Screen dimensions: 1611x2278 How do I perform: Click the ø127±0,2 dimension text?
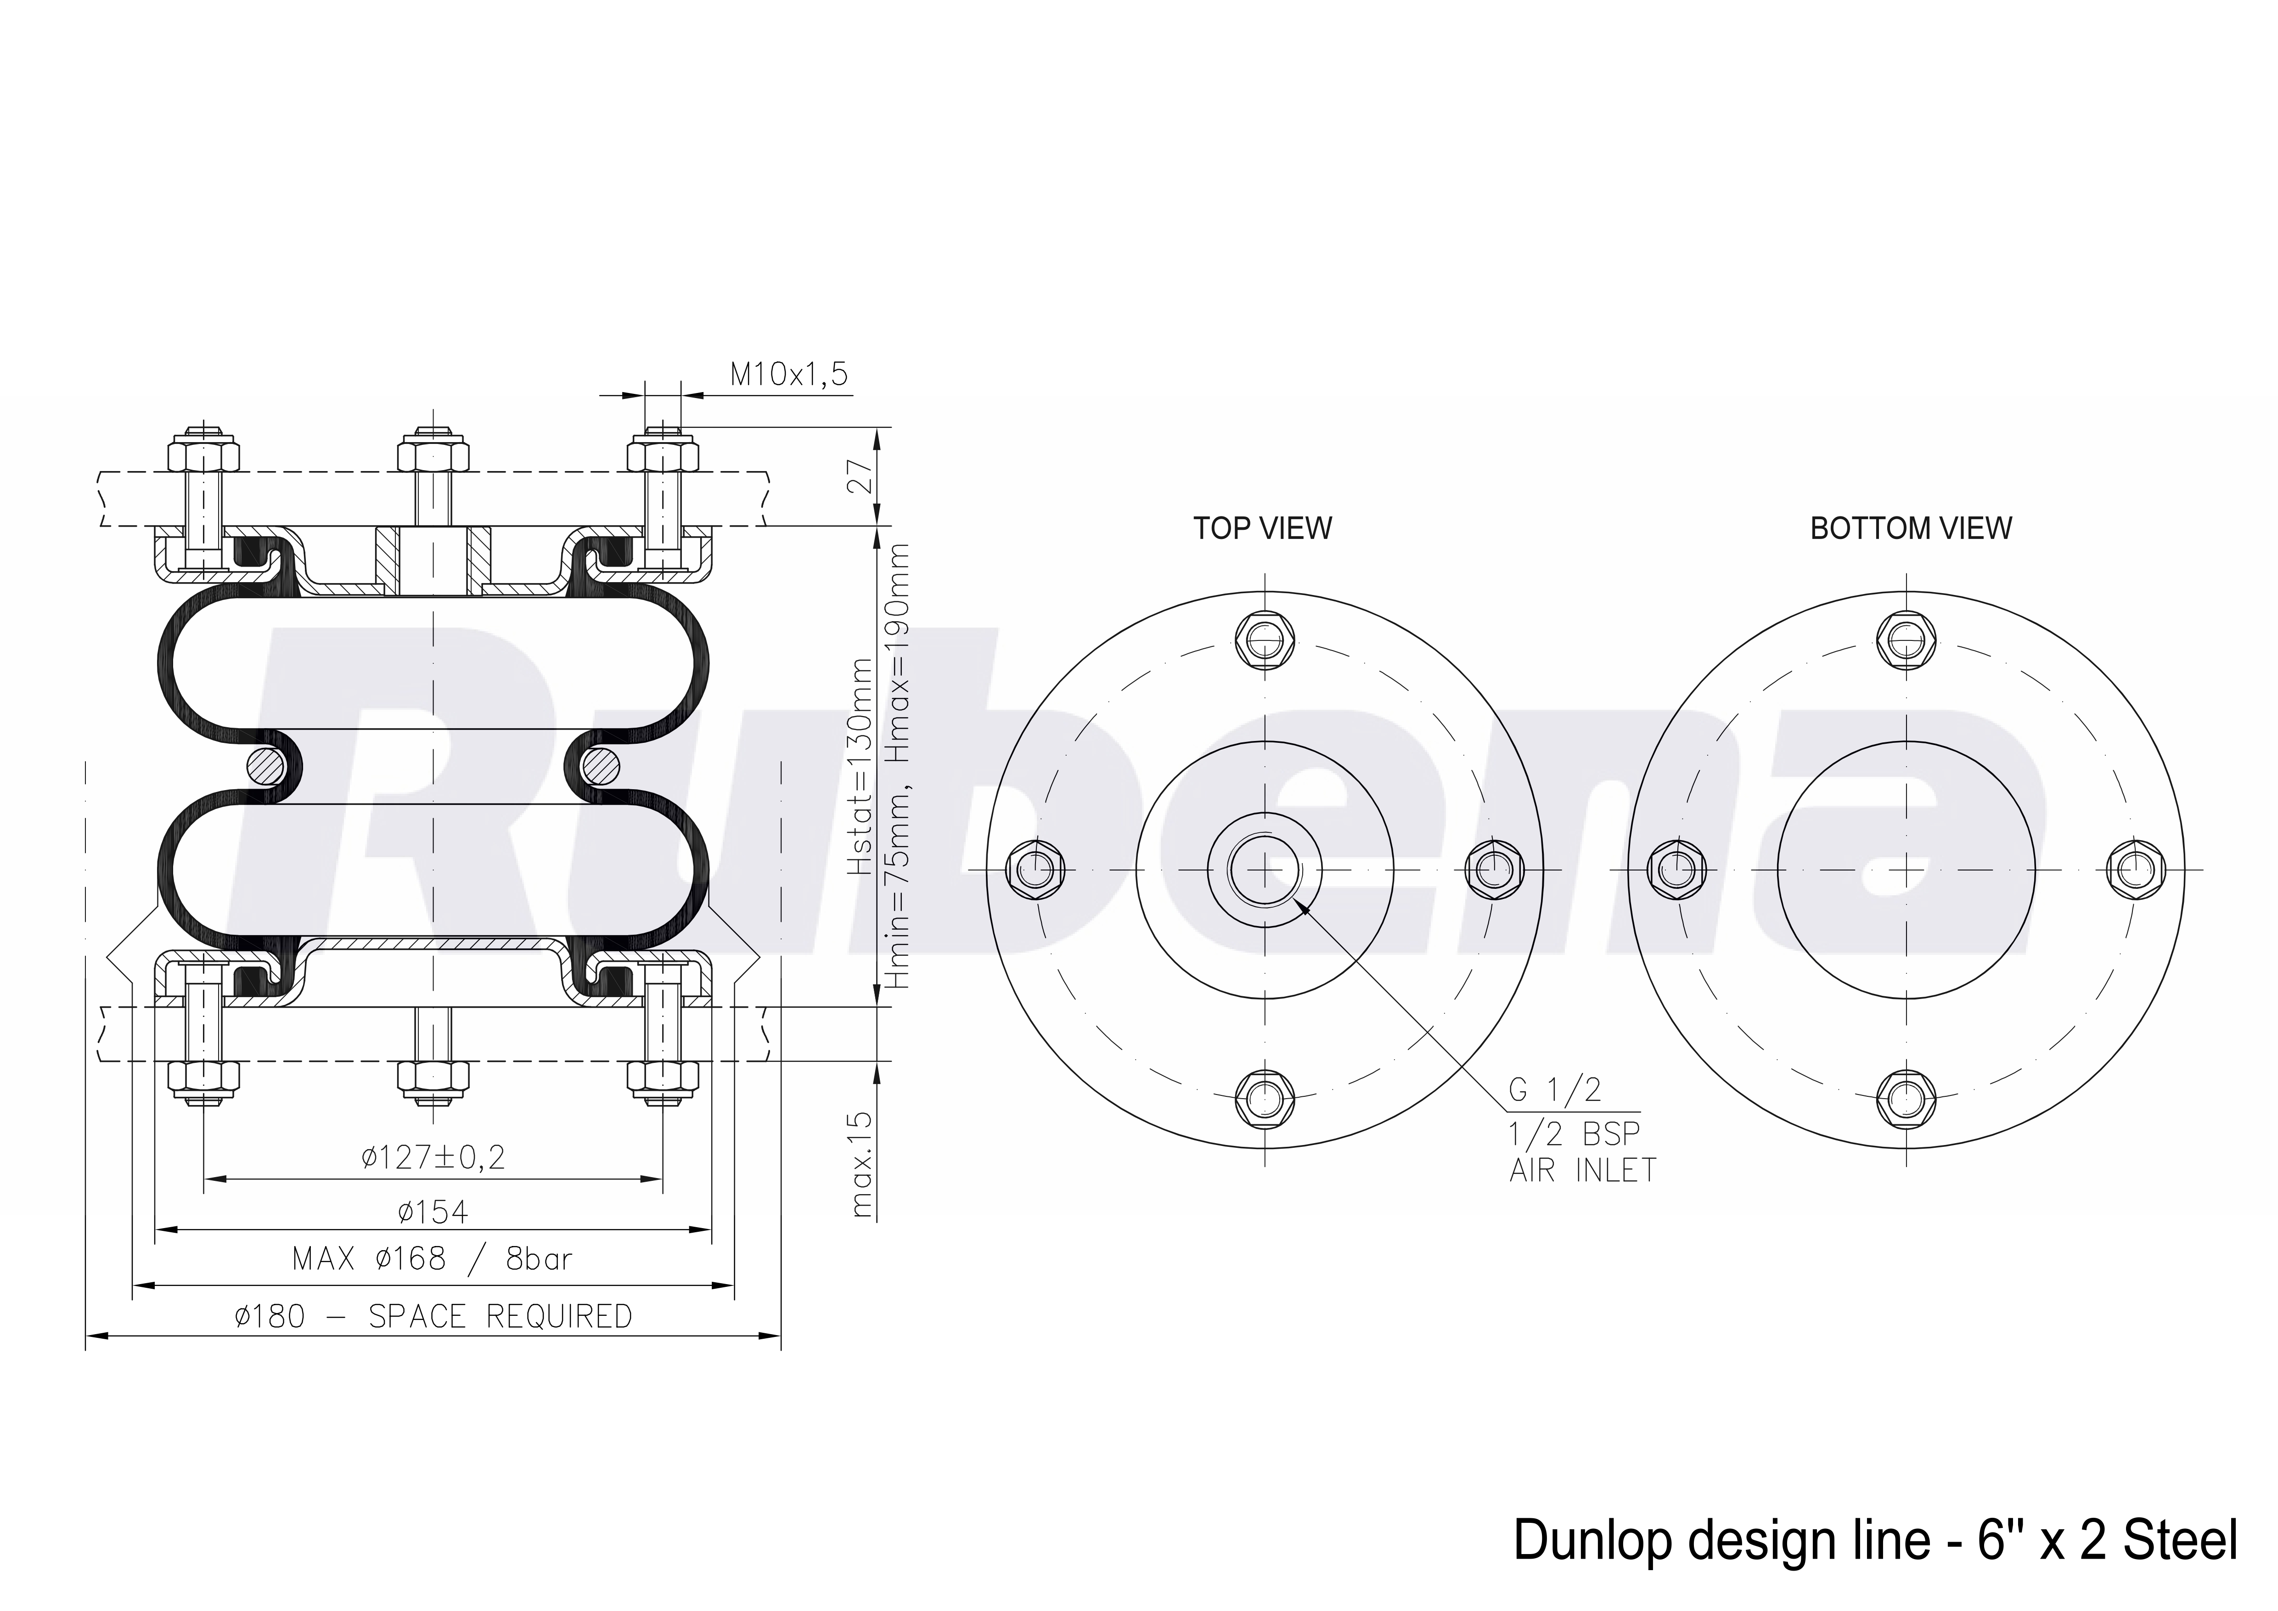433,1156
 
